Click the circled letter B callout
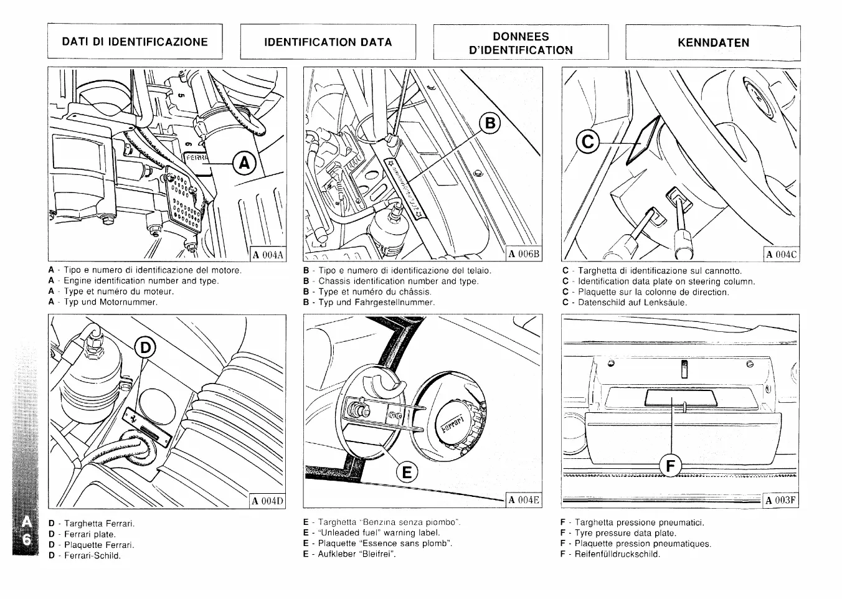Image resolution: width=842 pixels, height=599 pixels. click(x=490, y=123)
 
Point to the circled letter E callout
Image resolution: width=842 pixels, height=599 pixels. click(x=405, y=473)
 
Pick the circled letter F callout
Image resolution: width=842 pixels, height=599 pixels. click(x=670, y=465)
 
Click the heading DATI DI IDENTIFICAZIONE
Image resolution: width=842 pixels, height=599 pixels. click(x=135, y=42)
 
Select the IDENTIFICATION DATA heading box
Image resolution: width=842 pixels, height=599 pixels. click(x=328, y=42)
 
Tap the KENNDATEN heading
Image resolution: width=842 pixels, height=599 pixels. click(x=713, y=43)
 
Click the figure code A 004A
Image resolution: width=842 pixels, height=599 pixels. click(x=268, y=254)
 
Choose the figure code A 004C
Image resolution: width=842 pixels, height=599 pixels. click(x=782, y=254)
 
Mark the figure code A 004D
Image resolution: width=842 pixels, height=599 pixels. click(x=268, y=501)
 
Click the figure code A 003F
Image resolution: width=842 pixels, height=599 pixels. click(x=781, y=501)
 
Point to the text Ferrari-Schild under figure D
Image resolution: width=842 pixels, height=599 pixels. click(x=92, y=555)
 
